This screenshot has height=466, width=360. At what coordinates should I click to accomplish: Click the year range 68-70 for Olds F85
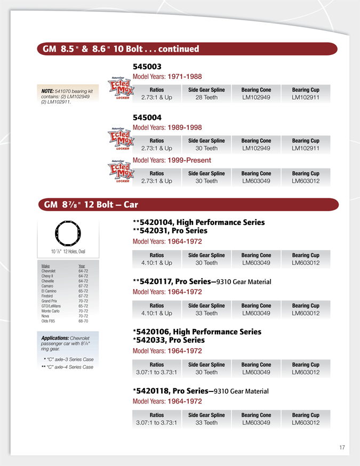83,321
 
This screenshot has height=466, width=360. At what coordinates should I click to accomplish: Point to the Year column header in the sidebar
82,266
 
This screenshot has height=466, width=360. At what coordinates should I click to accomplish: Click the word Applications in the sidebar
55,338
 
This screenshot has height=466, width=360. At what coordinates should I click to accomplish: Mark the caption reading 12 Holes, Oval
74,251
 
